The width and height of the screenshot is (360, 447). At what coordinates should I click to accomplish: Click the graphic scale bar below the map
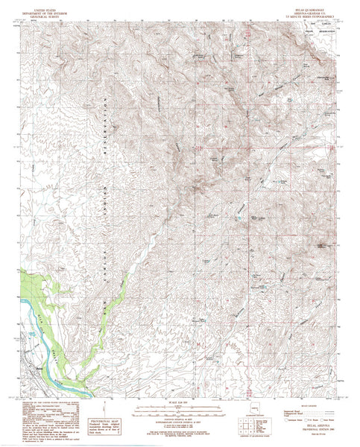point(179,408)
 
